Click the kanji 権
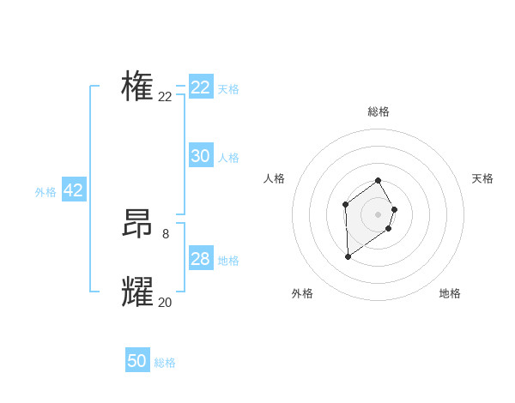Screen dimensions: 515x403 click(x=137, y=87)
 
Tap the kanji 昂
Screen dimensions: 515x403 click(x=137, y=224)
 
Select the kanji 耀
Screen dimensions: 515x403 click(x=137, y=292)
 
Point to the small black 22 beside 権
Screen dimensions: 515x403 click(x=165, y=97)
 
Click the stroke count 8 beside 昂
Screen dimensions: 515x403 click(x=165, y=232)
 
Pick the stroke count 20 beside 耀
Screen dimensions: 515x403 click(x=165, y=302)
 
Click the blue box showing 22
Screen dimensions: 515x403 click(x=201, y=87)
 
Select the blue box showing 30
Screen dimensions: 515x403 click(x=201, y=156)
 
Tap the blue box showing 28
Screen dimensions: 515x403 click(x=201, y=259)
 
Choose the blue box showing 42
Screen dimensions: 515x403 click(x=74, y=190)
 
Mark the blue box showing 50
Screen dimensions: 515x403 click(x=137, y=361)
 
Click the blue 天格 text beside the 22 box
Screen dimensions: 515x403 click(x=228, y=89)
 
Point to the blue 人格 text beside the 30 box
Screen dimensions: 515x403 click(x=228, y=158)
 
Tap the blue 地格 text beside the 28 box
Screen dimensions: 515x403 click(x=228, y=261)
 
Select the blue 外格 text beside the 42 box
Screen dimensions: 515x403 click(x=45, y=192)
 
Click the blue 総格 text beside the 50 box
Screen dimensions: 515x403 click(x=165, y=363)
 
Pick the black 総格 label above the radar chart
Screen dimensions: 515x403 click(x=379, y=111)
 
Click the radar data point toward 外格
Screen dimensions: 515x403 click(x=348, y=256)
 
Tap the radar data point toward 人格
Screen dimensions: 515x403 click(x=345, y=204)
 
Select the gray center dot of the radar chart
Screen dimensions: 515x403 click(x=379, y=214)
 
